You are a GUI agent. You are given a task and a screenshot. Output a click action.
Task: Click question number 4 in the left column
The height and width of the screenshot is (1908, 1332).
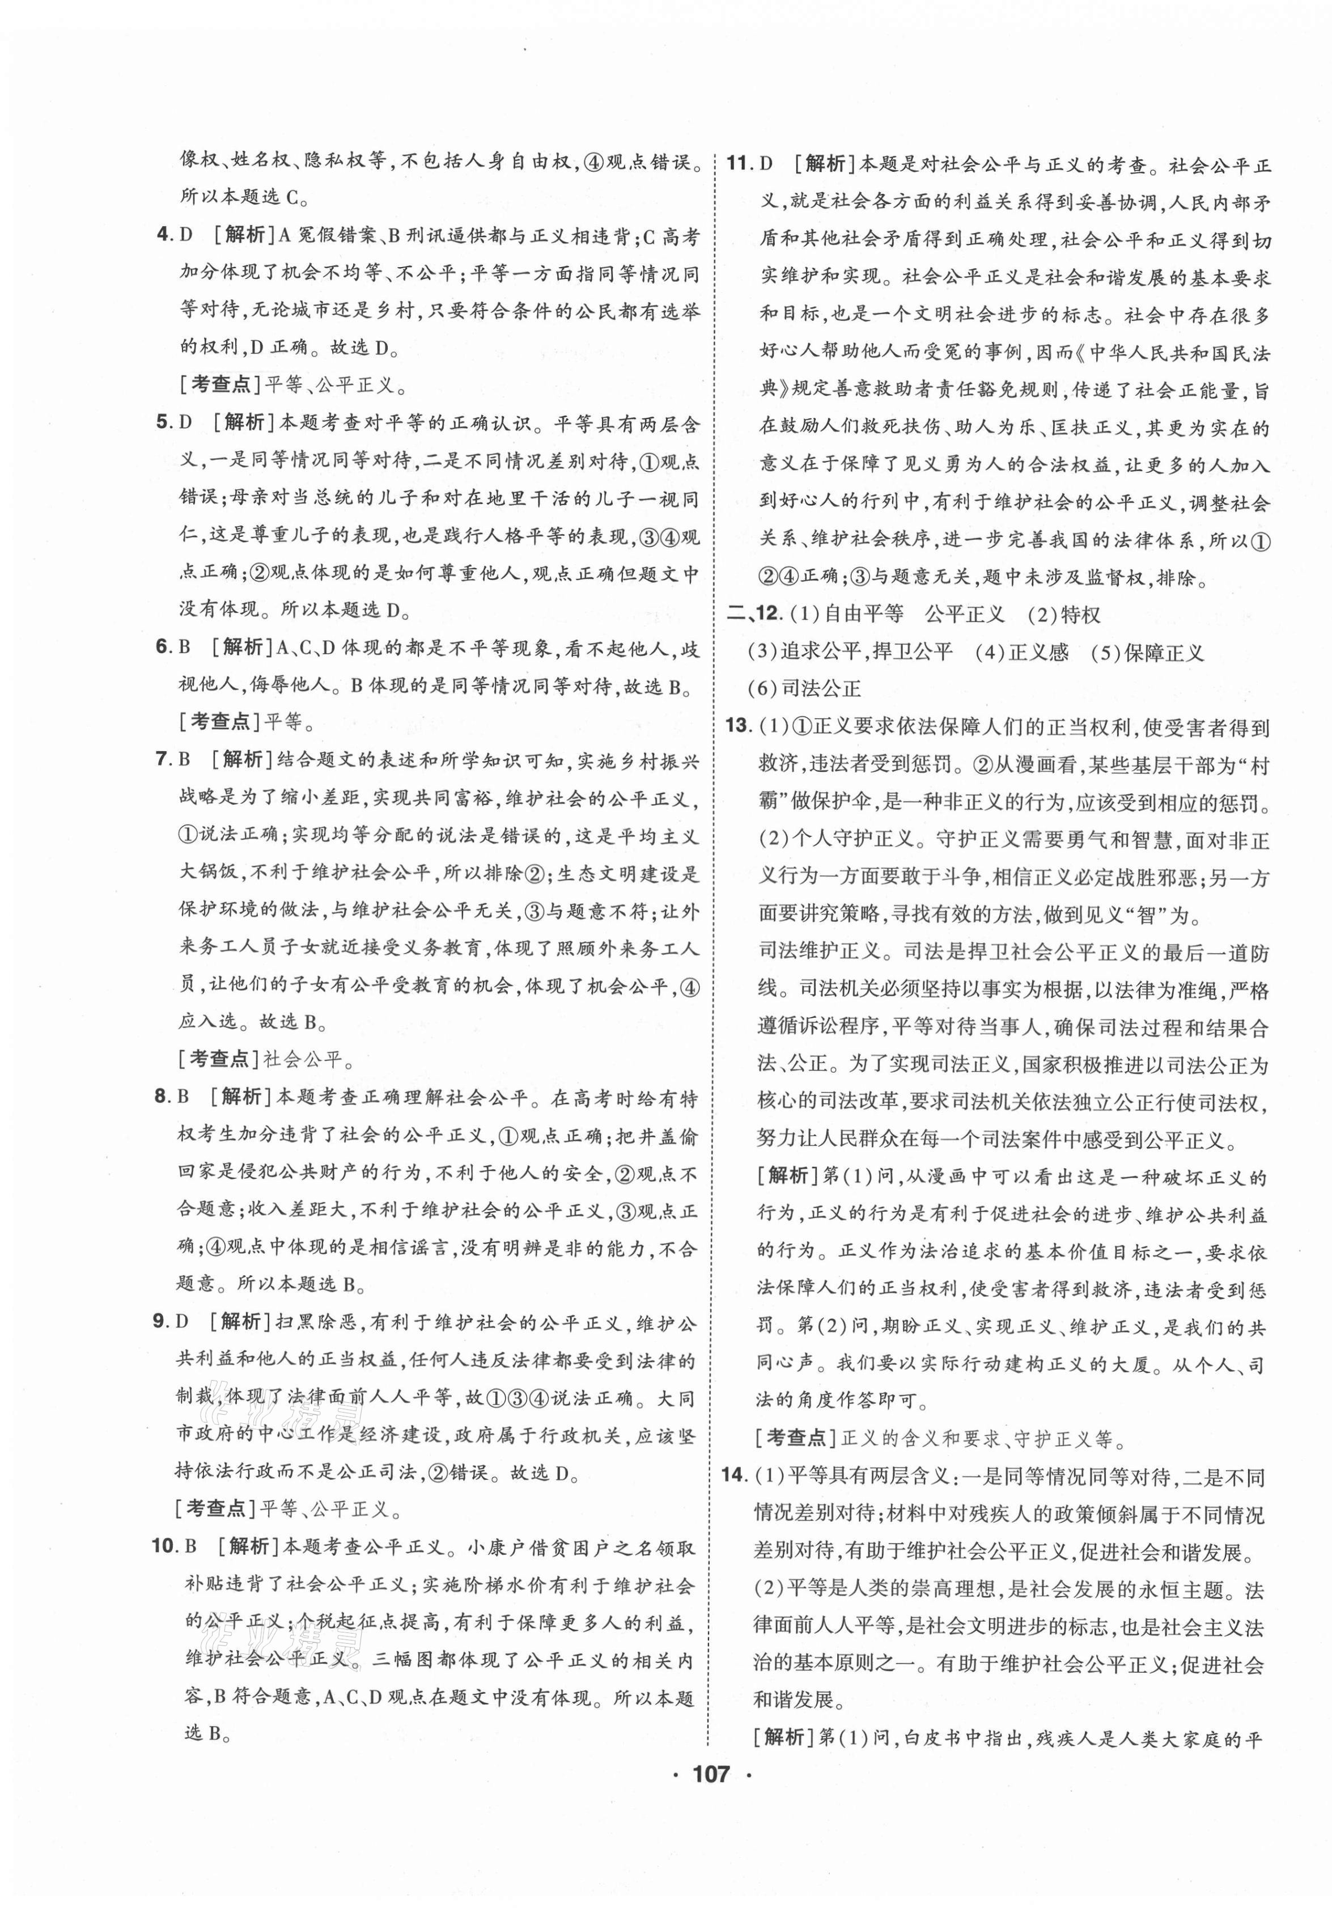[x=164, y=235]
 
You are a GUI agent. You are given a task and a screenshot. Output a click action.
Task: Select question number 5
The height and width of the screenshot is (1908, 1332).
[x=164, y=422]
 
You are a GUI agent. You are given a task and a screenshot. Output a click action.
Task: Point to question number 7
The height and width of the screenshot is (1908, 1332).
[x=164, y=759]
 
